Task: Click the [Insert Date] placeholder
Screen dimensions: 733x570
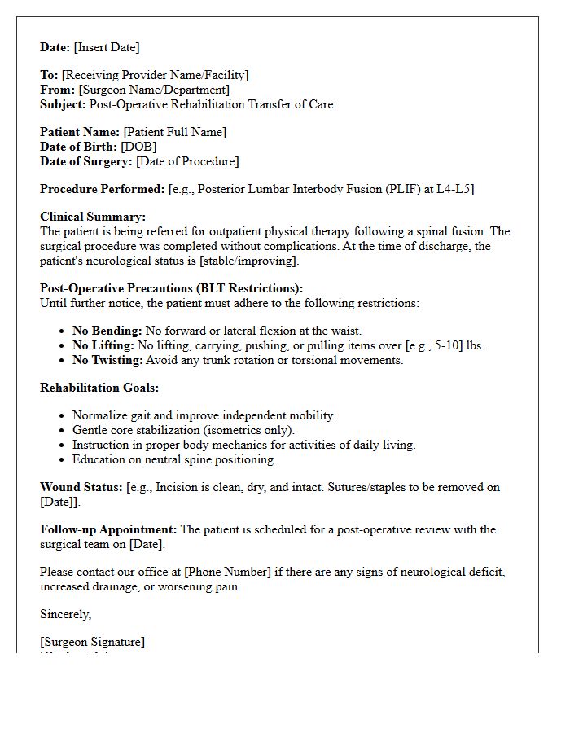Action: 107,47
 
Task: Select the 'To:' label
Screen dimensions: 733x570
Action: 49,75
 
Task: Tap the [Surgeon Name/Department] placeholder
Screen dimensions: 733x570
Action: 154,90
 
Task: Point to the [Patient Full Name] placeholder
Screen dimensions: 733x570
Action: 175,132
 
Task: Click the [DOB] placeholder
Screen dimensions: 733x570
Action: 138,147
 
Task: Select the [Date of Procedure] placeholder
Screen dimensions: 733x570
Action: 187,161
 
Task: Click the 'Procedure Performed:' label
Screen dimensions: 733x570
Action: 103,189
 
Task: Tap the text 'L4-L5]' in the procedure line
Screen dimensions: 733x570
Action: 455,189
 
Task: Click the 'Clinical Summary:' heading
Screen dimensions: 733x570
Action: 93,217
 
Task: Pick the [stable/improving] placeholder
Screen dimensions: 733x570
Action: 252,261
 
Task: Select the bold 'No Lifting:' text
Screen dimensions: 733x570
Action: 103,345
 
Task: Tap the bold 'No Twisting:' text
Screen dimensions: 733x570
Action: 107,360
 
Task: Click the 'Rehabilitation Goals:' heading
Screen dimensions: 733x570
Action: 99,388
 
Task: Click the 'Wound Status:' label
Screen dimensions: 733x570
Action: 81,487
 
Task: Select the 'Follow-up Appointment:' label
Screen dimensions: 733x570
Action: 108,529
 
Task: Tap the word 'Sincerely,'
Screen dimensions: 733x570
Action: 66,614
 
